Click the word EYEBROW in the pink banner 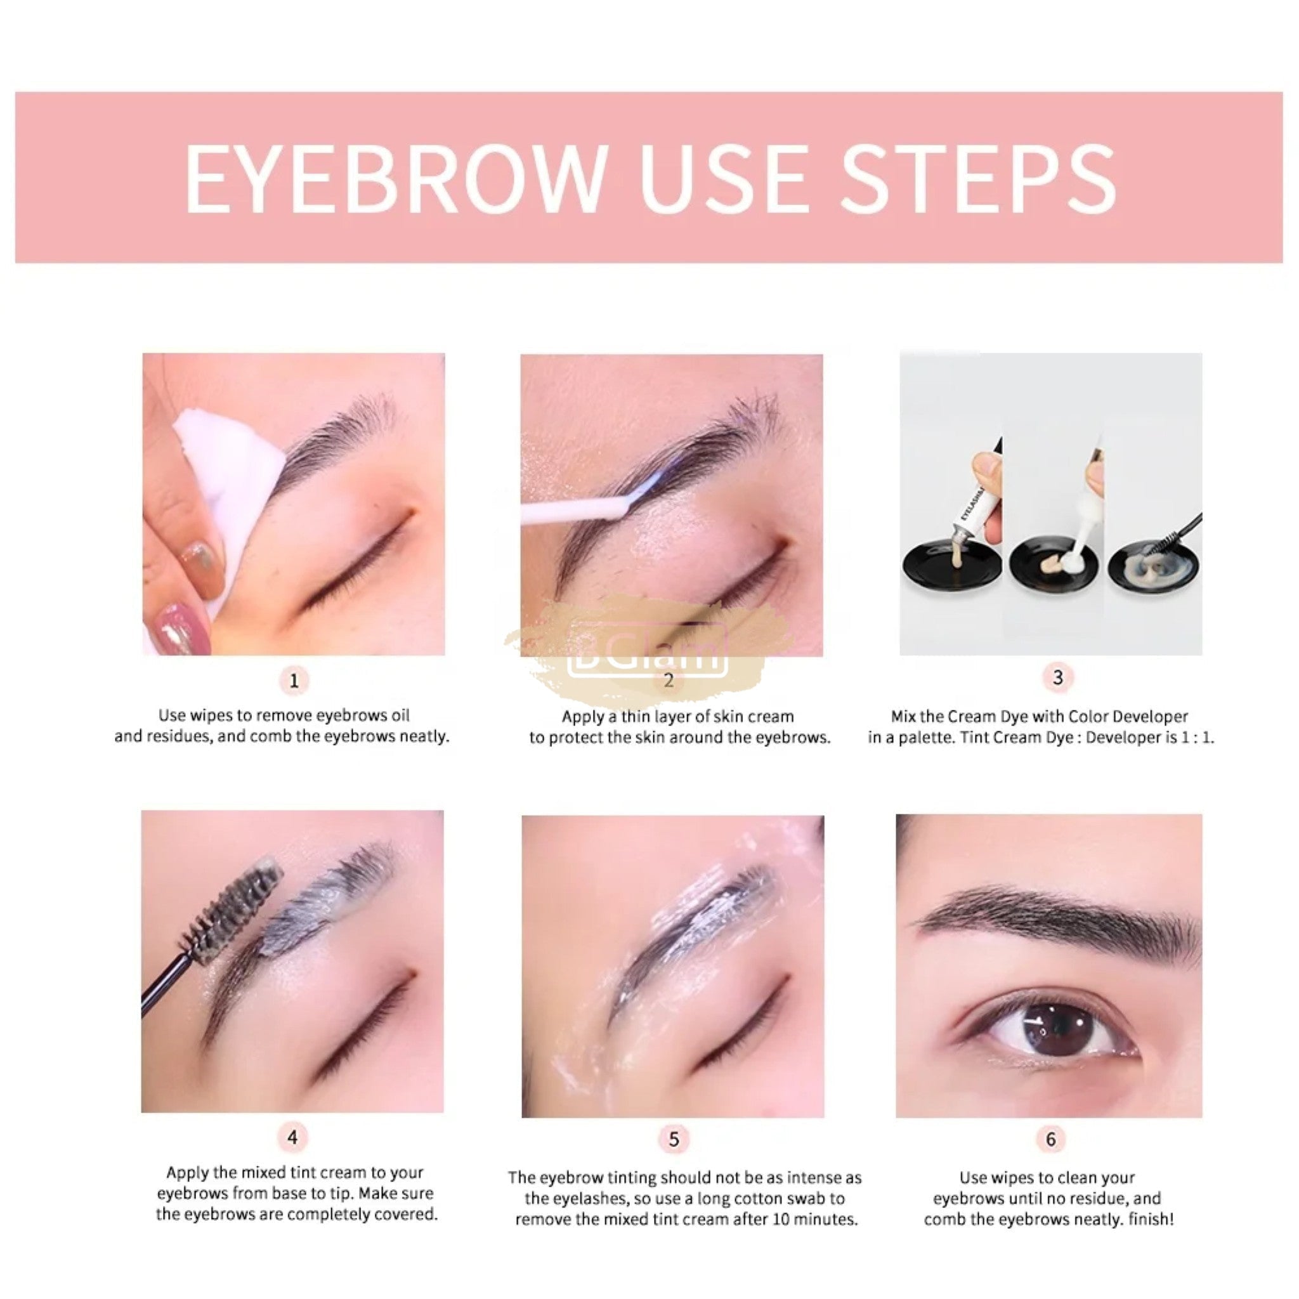[x=396, y=178]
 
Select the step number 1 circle [x=293, y=681]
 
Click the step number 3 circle [x=1057, y=677]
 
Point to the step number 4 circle [x=292, y=1138]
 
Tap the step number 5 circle [x=674, y=1139]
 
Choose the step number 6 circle [x=1050, y=1139]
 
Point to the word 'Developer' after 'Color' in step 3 [x=1151, y=716]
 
